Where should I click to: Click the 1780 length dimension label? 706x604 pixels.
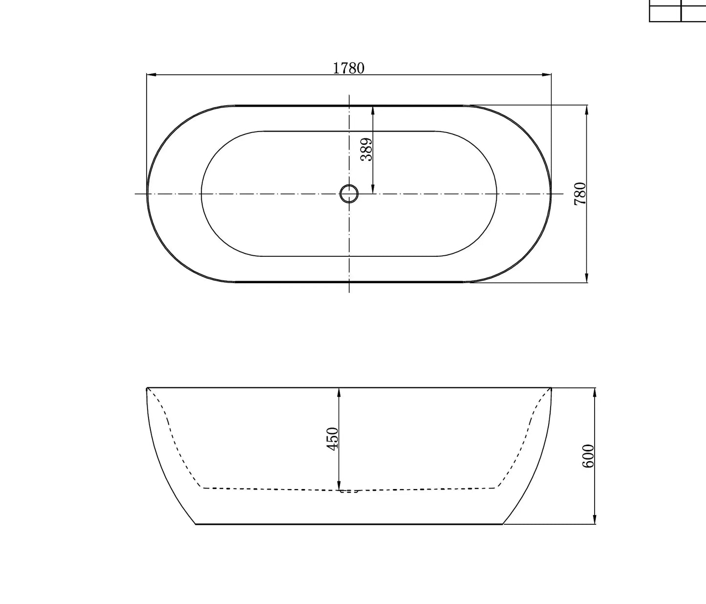[x=348, y=68]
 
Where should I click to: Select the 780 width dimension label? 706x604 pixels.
[x=580, y=194]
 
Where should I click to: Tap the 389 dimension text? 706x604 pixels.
[x=366, y=149]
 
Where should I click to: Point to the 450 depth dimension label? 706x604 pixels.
[x=332, y=439]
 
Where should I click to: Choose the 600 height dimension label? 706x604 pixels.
[x=588, y=456]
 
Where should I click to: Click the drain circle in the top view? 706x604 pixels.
[x=349, y=194]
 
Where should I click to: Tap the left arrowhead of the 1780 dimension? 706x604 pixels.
[x=151, y=75]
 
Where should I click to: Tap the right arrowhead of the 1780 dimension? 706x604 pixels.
[x=547, y=75]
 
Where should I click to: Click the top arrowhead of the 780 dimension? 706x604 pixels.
[x=586, y=110]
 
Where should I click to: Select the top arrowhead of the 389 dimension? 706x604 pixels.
[x=373, y=110]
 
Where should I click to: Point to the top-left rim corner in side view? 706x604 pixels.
[x=147, y=388]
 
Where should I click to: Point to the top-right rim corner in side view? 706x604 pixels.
[x=551, y=388]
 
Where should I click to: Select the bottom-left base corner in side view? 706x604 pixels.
[x=196, y=524]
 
